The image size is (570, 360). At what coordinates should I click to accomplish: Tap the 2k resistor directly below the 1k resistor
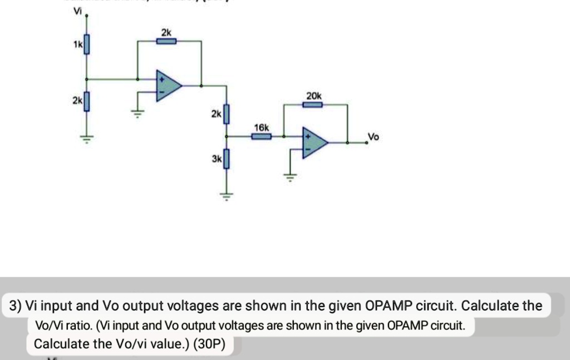(86, 102)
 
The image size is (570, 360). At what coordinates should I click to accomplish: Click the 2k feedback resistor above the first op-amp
(166, 41)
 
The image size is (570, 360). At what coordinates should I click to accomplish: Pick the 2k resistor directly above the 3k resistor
(225, 114)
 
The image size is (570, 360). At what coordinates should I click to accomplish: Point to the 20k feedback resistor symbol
(312, 104)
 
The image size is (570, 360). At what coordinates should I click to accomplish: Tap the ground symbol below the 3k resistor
(225, 195)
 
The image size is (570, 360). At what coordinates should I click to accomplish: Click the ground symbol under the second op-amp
(289, 177)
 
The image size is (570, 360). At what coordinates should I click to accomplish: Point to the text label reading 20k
(313, 96)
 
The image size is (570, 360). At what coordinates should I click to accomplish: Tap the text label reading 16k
(261, 127)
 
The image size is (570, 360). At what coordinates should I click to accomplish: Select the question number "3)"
(16, 306)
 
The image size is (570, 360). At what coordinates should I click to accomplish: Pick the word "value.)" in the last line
(170, 344)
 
